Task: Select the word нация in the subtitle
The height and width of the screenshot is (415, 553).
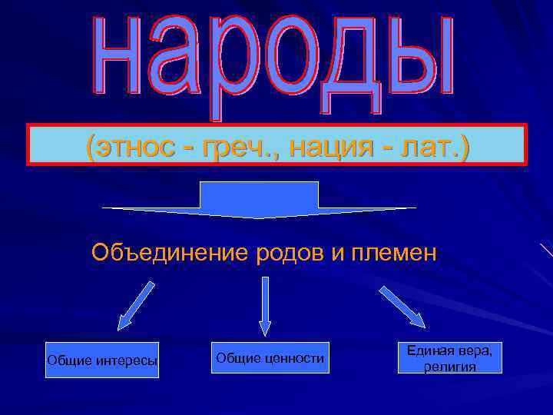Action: pyautogui.click(x=339, y=144)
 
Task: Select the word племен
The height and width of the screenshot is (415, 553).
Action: pyautogui.click(x=392, y=252)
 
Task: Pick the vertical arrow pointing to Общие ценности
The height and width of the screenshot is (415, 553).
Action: pyautogui.click(x=265, y=305)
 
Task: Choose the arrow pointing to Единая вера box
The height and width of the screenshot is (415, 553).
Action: pyautogui.click(x=401, y=306)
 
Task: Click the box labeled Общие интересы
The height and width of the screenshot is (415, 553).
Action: pyautogui.click(x=102, y=360)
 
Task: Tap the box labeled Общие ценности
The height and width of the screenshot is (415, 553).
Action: pyautogui.click(x=270, y=358)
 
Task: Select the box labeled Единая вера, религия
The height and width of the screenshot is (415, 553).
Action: pyautogui.click(x=449, y=358)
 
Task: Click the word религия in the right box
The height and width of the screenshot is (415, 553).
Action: pyautogui.click(x=449, y=367)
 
